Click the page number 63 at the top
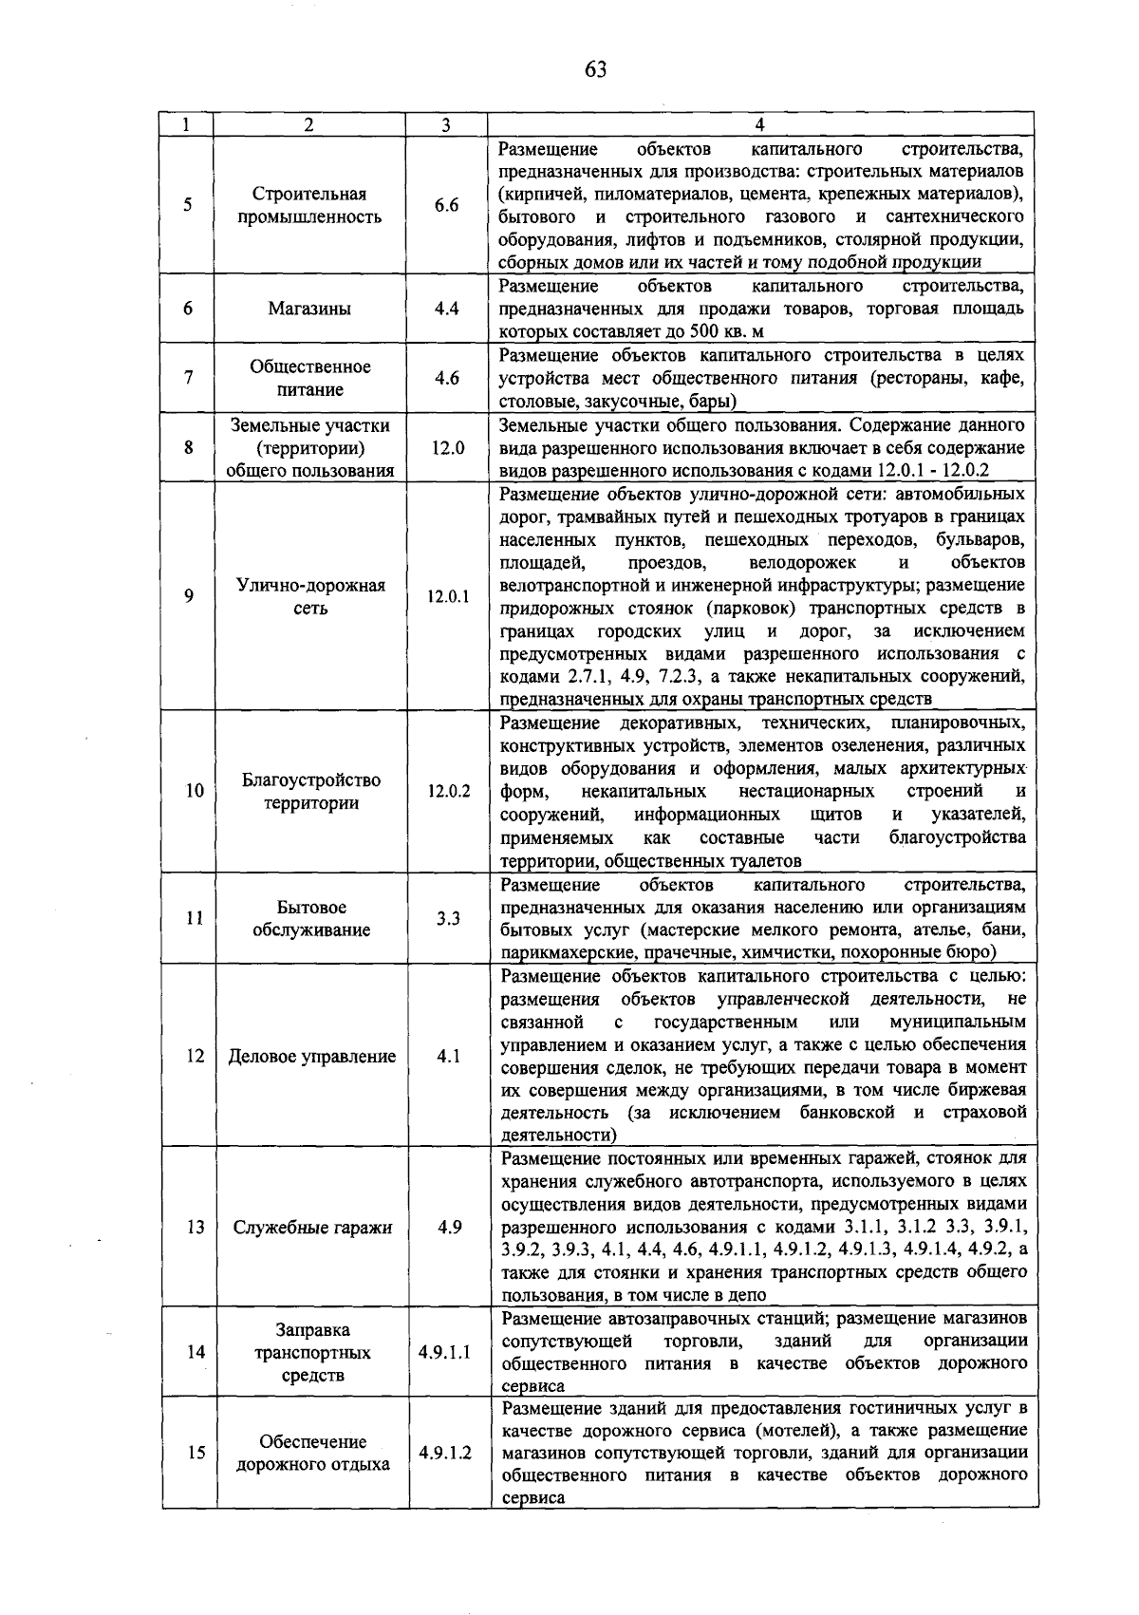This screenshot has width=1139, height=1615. pyautogui.click(x=595, y=69)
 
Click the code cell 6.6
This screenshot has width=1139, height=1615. pyautogui.click(x=446, y=206)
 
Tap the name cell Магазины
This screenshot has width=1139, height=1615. pyautogui.click(x=309, y=309)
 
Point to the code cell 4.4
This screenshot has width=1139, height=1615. pyautogui.click(x=446, y=309)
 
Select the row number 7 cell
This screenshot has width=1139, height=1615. pyautogui.click(x=189, y=378)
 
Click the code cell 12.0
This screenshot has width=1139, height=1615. pyautogui.click(x=446, y=447)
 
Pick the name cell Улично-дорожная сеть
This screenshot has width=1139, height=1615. pyautogui.click(x=309, y=596)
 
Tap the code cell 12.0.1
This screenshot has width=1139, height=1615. pyautogui.click(x=446, y=596)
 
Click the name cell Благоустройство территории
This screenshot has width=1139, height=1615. pyautogui.click(x=309, y=791)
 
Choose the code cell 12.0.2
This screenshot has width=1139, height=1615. pyautogui.click(x=446, y=791)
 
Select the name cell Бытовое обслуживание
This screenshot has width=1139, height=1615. pyautogui.click(x=309, y=918)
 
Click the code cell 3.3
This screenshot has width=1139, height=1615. pyautogui.click(x=446, y=918)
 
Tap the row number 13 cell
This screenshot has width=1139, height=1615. pyautogui.click(x=195, y=1227)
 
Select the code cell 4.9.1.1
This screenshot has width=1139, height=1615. pyautogui.click(x=444, y=1352)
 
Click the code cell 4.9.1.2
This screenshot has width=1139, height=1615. pyautogui.click(x=444, y=1453)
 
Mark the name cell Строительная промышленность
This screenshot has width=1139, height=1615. pyautogui.click(x=309, y=206)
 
